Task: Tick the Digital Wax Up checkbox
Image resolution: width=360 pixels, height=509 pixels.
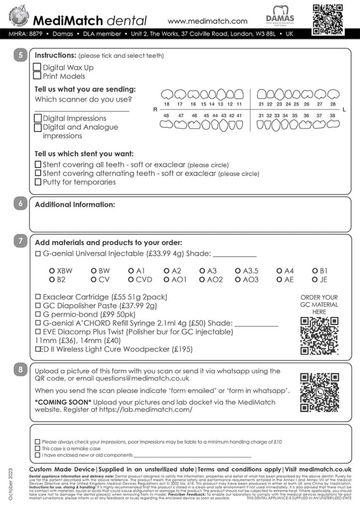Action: pyautogui.click(x=37, y=67)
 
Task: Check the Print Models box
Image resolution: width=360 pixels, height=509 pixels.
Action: pyautogui.click(x=37, y=76)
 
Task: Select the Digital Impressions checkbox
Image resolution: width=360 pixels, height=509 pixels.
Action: pyautogui.click(x=38, y=118)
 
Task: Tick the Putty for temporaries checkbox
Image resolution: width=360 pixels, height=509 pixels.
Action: pyautogui.click(x=38, y=182)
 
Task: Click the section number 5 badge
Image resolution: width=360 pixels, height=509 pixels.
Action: pyautogui.click(x=20, y=55)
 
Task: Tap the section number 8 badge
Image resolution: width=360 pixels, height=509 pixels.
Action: pyautogui.click(x=20, y=370)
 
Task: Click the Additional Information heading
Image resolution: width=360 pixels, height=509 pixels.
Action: pyautogui.click(x=75, y=204)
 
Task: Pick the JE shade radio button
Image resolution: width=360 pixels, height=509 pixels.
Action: pyautogui.click(x=315, y=279)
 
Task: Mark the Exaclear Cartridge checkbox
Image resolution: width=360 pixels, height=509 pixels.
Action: pyautogui.click(x=38, y=297)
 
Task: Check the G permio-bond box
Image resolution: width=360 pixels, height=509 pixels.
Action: pyautogui.click(x=38, y=315)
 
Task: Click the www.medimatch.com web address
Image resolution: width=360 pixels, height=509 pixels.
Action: pyautogui.click(x=207, y=21)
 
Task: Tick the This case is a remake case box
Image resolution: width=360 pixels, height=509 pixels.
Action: pyautogui.click(x=37, y=448)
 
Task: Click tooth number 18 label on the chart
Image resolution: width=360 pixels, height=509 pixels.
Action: pyautogui.click(x=167, y=104)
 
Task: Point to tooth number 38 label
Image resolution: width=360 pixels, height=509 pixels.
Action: pyautogui.click(x=332, y=115)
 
